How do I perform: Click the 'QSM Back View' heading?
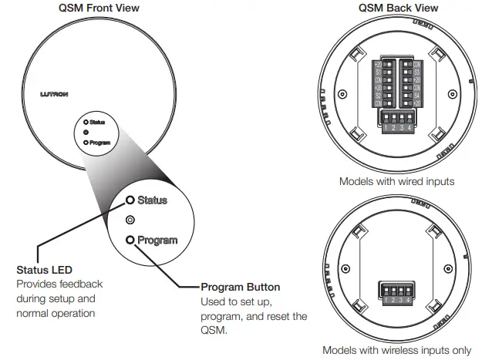pos(398,8)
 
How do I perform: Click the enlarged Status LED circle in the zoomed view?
pos(130,200)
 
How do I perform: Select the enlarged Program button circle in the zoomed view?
pos(130,240)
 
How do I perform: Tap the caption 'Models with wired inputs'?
pos(396,182)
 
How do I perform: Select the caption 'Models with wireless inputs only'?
pos(396,349)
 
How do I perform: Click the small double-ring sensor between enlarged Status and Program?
pos(130,220)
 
